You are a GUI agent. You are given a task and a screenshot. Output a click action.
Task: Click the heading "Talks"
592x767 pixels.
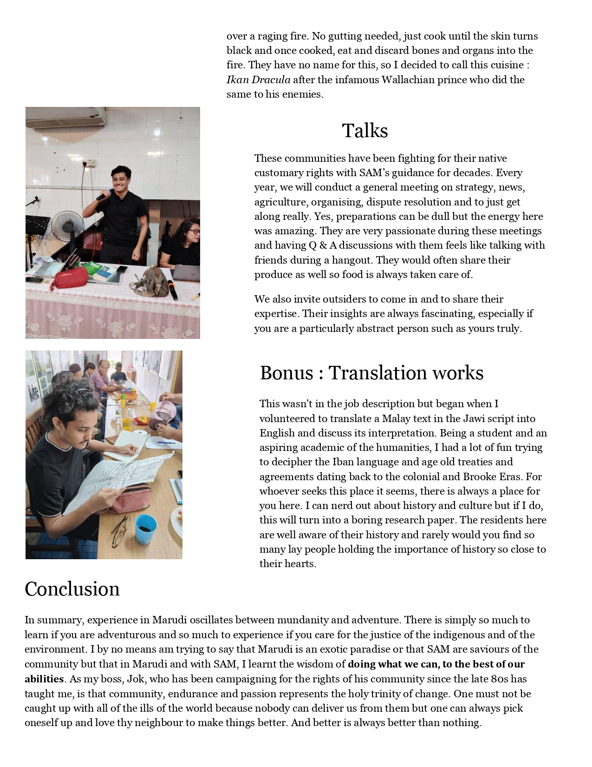(364, 131)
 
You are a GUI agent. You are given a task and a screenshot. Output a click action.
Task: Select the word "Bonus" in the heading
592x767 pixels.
(286, 373)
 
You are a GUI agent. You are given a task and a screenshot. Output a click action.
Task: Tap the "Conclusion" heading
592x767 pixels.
(72, 589)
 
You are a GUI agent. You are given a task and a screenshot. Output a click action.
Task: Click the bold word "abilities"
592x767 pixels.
(44, 679)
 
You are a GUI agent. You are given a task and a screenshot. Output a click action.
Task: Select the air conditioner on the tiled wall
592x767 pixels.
(65, 117)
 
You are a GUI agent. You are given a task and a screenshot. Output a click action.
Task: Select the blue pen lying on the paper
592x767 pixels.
(166, 443)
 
